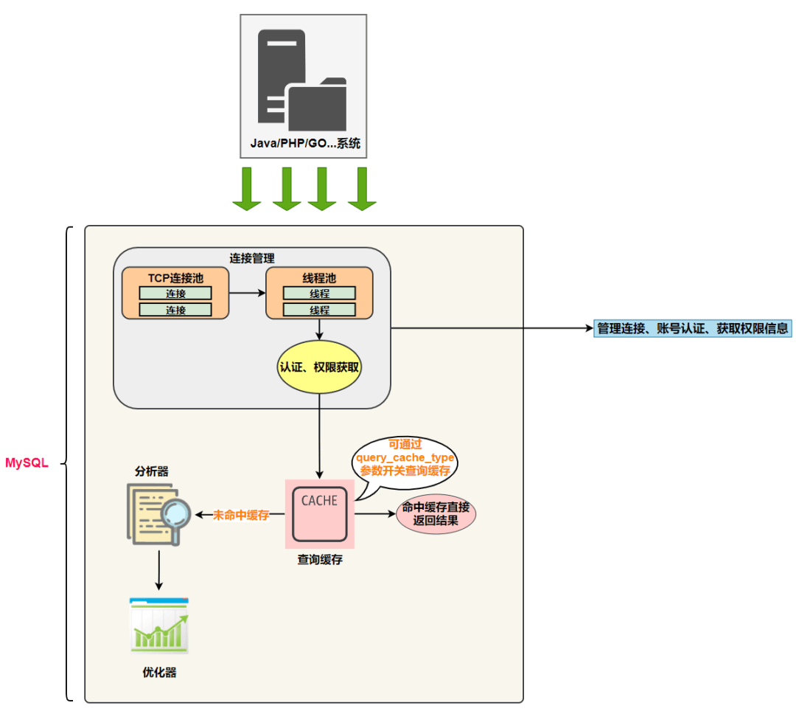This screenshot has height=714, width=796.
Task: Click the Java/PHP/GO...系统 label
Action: point(305,143)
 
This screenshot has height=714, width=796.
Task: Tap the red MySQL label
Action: point(27,463)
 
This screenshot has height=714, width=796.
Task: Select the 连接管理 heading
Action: point(252,258)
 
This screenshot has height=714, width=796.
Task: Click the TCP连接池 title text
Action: point(175,278)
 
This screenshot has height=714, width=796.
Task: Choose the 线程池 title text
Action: point(319,278)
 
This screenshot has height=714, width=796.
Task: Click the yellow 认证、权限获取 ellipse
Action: point(319,367)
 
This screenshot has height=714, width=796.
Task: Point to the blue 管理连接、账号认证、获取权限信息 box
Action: point(692,328)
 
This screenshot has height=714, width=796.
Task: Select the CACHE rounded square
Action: point(320,514)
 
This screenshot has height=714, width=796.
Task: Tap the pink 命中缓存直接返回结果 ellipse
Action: point(436,514)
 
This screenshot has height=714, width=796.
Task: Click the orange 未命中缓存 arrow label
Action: point(240,515)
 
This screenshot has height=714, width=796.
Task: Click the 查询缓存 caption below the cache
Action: point(320,560)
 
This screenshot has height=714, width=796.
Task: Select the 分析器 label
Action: point(151,471)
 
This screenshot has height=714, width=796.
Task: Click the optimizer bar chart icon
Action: point(159,625)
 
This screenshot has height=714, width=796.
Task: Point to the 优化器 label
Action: point(159,673)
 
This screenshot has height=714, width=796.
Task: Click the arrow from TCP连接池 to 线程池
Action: point(247,293)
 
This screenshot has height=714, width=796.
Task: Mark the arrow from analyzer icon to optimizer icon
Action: point(159,570)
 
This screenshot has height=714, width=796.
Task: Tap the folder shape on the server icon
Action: point(318,105)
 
